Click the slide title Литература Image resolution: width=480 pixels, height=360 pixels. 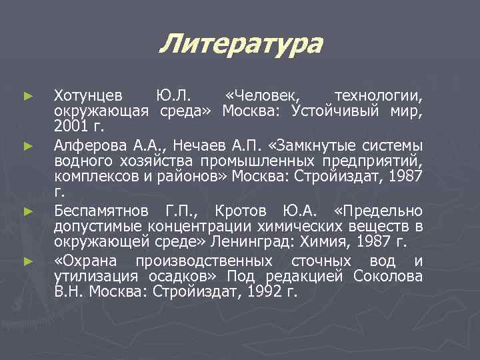click(241, 45)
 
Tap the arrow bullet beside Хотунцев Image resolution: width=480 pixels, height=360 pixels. click(27, 97)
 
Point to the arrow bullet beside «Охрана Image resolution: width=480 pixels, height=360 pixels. click(27, 261)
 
